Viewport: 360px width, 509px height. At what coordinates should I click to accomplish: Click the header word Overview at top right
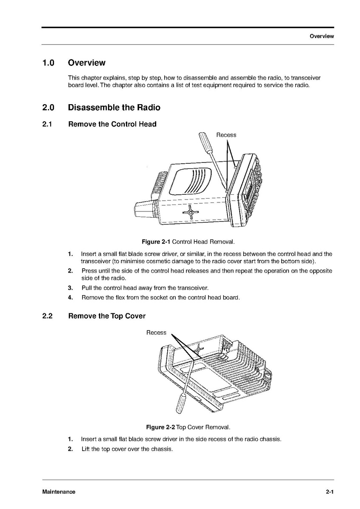click(x=322, y=36)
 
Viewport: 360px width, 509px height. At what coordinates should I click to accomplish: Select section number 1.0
click(x=48, y=63)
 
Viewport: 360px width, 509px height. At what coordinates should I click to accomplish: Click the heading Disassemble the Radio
click(x=114, y=108)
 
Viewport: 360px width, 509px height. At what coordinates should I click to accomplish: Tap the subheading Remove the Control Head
click(x=112, y=124)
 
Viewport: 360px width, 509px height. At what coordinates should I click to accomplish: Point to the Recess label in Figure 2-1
click(x=226, y=135)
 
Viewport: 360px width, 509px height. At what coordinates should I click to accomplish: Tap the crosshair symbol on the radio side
click(x=190, y=212)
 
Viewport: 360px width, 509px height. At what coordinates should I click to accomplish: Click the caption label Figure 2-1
click(x=156, y=242)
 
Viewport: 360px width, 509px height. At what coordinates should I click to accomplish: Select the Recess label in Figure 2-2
click(x=156, y=333)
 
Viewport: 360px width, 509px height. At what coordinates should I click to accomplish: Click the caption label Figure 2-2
click(x=160, y=427)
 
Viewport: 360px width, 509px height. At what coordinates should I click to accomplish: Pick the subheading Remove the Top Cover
click(x=107, y=316)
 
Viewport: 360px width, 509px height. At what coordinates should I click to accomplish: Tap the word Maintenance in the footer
click(x=59, y=492)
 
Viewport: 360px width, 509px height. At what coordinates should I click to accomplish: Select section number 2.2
click(x=47, y=316)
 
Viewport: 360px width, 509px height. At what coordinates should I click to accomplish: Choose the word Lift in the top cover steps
click(x=86, y=449)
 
